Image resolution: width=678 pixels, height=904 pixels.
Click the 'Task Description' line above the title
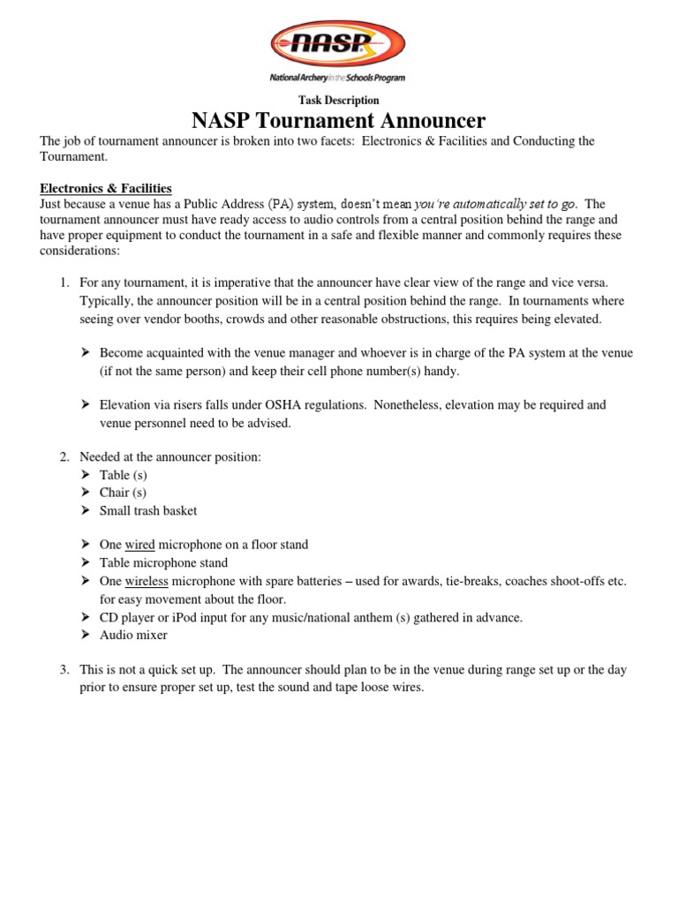(338, 101)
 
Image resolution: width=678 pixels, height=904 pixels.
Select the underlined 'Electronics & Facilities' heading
(105, 188)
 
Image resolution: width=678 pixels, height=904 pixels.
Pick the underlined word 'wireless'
(147, 581)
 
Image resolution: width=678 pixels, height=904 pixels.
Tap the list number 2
(64, 456)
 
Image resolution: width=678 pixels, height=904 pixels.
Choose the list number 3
(64, 670)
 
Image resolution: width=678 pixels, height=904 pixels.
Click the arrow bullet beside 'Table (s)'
(87, 475)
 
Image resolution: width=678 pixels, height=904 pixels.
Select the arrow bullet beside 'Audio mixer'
(87, 635)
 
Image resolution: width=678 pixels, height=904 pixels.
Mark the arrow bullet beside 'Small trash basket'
(87, 510)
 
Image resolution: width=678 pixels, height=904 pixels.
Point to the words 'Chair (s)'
(123, 493)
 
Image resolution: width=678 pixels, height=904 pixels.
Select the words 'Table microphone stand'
(163, 563)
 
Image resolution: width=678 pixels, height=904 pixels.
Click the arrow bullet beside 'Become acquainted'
(87, 353)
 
